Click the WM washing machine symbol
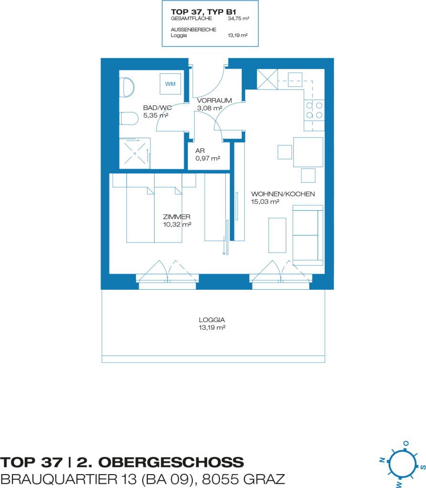[x=170, y=84]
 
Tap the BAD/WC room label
[x=157, y=108]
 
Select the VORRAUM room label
[x=214, y=101]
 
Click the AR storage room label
[x=200, y=151]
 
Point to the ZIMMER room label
[x=177, y=217]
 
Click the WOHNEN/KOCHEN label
[x=283, y=194]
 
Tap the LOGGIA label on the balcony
[x=212, y=320]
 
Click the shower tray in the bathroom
[x=135, y=153]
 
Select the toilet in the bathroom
[x=129, y=119]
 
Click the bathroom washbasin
[x=127, y=88]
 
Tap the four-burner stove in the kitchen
[x=314, y=110]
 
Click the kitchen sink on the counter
[x=295, y=80]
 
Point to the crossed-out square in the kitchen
[x=267, y=80]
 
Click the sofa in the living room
[x=308, y=235]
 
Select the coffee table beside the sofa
[x=277, y=235]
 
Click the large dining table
[x=308, y=152]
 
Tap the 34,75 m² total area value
[x=239, y=19]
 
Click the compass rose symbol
[x=402, y=464]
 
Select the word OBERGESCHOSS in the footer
[x=171, y=462]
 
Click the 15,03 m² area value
[x=265, y=202]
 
